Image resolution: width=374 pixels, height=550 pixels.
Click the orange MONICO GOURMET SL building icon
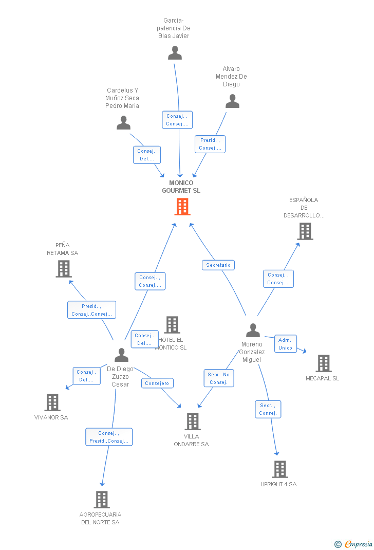coord(182,206)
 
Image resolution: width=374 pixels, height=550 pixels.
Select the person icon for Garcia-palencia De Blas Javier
coord(175,53)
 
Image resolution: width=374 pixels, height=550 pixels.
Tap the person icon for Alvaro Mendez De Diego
coord(233,101)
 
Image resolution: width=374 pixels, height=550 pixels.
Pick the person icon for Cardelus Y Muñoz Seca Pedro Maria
coord(123,123)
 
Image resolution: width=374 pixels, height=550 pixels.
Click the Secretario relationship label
coord(218,265)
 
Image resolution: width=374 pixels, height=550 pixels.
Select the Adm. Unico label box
coord(285,344)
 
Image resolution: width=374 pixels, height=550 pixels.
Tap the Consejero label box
coord(157,383)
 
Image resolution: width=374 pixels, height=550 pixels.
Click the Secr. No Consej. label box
coord(219,378)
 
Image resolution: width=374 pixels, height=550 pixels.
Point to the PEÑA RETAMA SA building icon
coord(64,268)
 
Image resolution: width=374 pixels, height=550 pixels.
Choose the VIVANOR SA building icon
coord(52,402)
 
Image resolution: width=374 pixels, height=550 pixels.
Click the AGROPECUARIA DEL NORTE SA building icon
coord(102,499)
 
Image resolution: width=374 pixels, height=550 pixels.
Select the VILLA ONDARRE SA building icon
coord(193,421)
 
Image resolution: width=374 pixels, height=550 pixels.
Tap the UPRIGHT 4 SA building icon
coord(280,469)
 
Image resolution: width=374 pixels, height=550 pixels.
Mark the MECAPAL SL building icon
coord(324,363)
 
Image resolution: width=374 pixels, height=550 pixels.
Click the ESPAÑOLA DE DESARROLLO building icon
coord(305,231)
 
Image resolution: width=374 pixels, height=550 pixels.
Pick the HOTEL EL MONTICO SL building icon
coord(172,325)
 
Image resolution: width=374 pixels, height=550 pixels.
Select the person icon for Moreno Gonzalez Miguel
coord(253,331)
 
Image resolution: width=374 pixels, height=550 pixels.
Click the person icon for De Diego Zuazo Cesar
coord(121,355)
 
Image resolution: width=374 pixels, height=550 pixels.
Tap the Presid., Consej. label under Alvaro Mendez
coord(210,144)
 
